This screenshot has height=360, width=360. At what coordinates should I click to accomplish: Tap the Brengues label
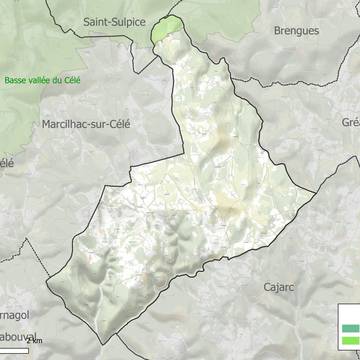coord(296,31)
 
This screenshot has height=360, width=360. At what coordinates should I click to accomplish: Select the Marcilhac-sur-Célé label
coord(86,124)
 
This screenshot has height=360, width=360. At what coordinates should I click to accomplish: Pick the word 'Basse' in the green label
coord(17,81)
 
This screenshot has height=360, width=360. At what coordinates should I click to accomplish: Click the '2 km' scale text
coord(35,341)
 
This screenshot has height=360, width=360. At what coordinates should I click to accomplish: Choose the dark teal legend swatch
coord(349,327)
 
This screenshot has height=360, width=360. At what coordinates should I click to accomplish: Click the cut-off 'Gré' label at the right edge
coord(350,122)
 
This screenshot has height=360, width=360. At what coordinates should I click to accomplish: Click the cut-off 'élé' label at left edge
coord(7,160)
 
